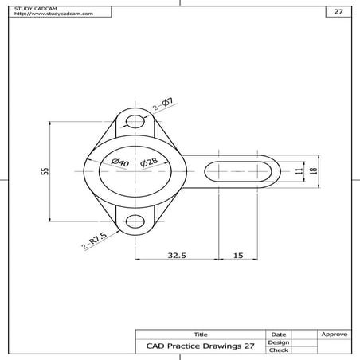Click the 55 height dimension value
[x=45, y=171]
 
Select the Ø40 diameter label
[x=121, y=162]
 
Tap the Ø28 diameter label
[x=150, y=162]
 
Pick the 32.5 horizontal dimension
[x=177, y=256]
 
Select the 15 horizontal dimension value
[x=238, y=256]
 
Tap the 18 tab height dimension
[x=314, y=171]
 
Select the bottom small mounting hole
[x=136, y=221]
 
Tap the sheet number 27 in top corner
[x=338, y=12]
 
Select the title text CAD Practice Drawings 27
[x=201, y=346]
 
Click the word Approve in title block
[x=333, y=334]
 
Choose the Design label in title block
[x=279, y=342]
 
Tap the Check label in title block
[x=279, y=350]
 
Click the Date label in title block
[x=279, y=334]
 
